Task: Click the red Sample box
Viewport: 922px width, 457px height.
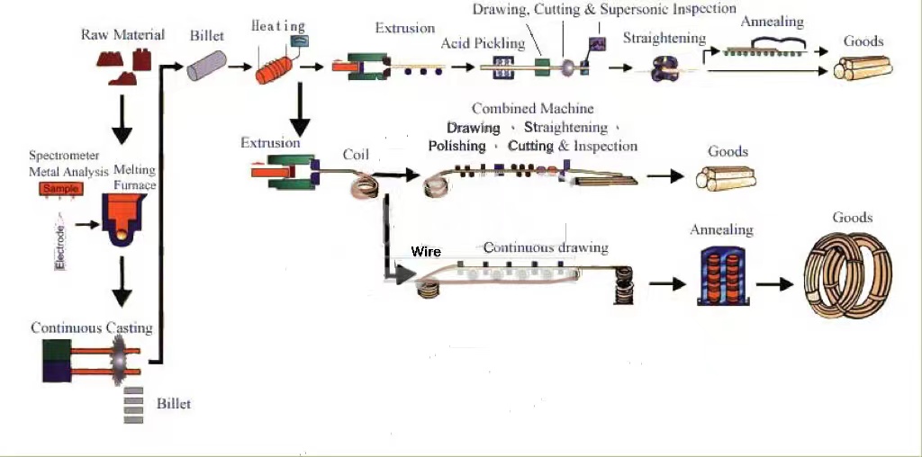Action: pos(61,189)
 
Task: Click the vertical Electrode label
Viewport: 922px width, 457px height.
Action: pos(60,247)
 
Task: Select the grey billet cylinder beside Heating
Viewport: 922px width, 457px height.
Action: pos(207,65)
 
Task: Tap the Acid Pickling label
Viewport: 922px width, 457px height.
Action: pos(483,43)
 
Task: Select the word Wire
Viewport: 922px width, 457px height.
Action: pos(426,252)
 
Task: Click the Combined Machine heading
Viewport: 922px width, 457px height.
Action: pos(533,109)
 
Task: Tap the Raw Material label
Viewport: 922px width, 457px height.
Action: pos(122,35)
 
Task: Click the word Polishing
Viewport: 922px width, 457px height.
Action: pos(456,146)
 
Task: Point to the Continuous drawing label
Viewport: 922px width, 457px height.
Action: pos(546,247)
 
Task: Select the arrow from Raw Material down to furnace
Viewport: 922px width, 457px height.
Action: pos(122,119)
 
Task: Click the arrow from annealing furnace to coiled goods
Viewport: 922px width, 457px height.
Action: pos(774,284)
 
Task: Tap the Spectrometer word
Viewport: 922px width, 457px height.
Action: pos(64,157)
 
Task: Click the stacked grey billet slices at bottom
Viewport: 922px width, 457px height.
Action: pos(133,405)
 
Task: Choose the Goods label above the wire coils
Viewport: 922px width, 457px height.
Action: pos(852,218)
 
